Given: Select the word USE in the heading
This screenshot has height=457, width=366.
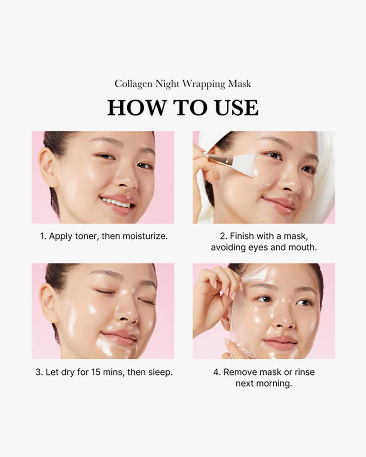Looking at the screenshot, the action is coord(237,107).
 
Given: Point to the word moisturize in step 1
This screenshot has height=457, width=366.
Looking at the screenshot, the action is coord(145,236).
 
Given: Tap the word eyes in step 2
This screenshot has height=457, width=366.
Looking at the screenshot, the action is coord(258,247).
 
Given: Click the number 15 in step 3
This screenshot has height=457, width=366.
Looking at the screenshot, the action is coord(96,372).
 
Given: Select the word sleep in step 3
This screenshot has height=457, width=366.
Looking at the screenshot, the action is coord(160,372).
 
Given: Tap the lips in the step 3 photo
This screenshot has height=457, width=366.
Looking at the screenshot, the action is coord(118,338).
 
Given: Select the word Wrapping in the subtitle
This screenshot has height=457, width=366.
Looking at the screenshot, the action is coord(204,84).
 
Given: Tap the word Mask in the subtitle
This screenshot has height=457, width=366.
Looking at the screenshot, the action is coord(240,84).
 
